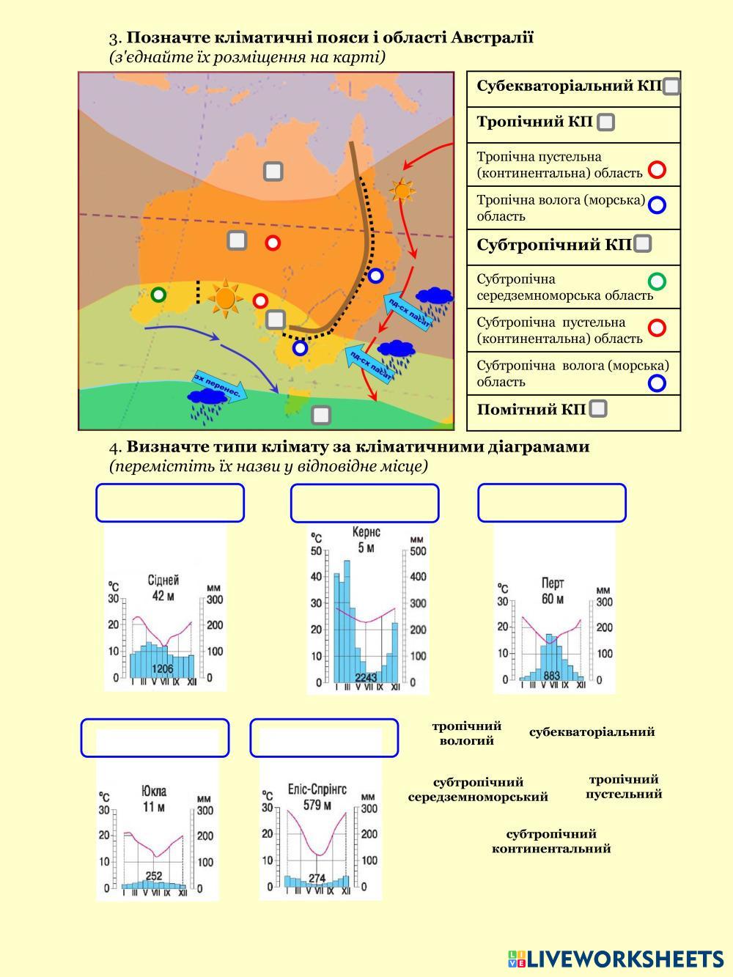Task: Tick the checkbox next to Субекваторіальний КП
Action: (671, 86)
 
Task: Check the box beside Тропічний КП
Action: (605, 122)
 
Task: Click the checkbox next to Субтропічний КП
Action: (642, 244)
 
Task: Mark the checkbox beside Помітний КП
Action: (598, 409)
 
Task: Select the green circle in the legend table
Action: (658, 281)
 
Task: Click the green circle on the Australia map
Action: (158, 295)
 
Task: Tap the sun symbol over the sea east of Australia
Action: (402, 191)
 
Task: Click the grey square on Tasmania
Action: (321, 416)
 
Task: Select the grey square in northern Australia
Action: (273, 172)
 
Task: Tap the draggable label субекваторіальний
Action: (592, 731)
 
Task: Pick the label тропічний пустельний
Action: (624, 786)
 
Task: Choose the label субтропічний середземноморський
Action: (478, 789)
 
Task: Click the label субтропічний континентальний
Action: (551, 841)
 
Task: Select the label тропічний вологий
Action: (467, 733)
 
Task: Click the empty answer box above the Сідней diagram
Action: (170, 503)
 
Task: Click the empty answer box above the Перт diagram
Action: (552, 503)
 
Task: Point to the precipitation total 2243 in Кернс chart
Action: (365, 677)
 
